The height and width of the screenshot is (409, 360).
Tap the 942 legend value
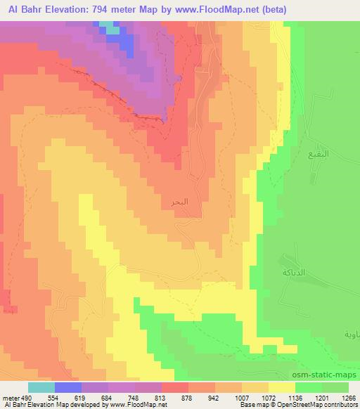216,396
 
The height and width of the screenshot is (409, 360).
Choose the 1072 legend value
269,396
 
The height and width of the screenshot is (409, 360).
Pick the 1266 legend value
349,396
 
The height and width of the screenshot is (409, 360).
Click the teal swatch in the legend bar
41,387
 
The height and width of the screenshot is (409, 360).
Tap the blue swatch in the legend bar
68,387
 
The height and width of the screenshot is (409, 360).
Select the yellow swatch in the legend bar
282,387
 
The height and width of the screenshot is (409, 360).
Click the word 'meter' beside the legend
9,396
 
